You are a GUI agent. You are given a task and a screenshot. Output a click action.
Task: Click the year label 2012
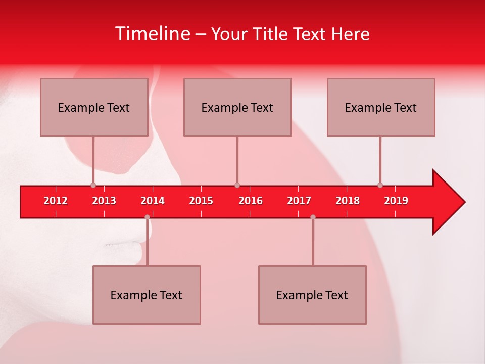click(x=56, y=201)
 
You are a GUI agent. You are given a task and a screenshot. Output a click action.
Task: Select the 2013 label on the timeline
click(x=104, y=201)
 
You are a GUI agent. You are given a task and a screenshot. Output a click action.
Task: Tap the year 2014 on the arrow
click(x=153, y=201)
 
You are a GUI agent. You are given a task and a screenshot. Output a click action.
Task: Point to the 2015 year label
click(x=201, y=201)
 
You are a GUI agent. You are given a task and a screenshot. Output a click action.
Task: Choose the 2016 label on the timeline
click(x=251, y=201)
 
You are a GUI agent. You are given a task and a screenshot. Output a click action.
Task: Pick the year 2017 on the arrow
click(x=299, y=201)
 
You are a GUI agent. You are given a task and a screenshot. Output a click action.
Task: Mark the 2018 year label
click(x=348, y=201)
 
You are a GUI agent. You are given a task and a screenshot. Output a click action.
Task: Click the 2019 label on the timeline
click(x=396, y=201)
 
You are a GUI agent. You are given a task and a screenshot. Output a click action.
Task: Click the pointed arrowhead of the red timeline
click(x=450, y=202)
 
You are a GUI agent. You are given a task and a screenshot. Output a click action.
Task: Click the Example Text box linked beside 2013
click(x=94, y=107)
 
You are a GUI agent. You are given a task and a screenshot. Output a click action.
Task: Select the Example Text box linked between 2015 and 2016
click(x=237, y=107)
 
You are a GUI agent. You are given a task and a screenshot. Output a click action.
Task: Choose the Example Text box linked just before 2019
click(x=381, y=107)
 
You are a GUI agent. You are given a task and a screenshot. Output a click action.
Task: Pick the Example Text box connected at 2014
click(x=147, y=295)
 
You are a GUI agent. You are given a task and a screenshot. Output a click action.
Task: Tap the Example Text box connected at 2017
click(x=312, y=295)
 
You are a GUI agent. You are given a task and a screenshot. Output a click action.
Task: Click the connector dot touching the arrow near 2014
click(x=147, y=217)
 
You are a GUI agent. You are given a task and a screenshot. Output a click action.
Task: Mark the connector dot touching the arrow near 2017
click(x=313, y=217)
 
